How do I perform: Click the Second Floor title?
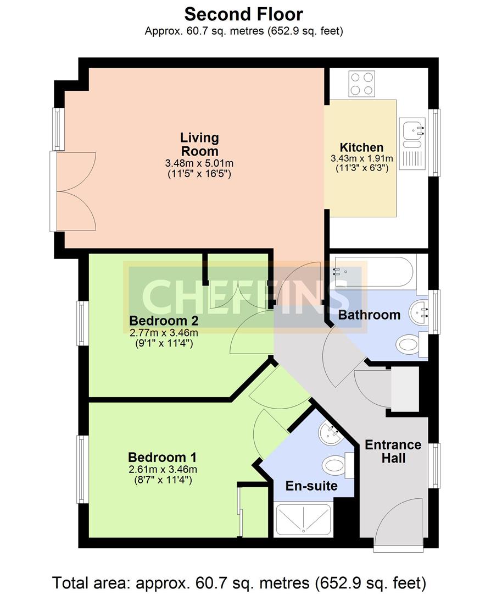(244, 15)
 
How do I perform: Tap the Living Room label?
(199, 144)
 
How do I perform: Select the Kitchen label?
(361, 147)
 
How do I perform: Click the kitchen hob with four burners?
(362, 84)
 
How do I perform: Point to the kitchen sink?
(412, 143)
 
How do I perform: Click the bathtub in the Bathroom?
(373, 272)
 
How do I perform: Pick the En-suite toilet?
(338, 465)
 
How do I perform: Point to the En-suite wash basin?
(331, 433)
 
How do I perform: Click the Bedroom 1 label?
(162, 457)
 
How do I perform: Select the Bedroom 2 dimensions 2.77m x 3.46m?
(164, 333)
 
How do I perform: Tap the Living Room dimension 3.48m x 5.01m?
(199, 163)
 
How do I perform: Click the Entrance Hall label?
(393, 451)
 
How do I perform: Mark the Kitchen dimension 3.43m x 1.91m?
(361, 158)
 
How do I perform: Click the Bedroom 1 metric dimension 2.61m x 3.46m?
(163, 469)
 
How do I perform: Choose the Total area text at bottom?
(239, 582)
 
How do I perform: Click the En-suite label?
(311, 486)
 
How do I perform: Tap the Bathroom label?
(369, 315)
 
